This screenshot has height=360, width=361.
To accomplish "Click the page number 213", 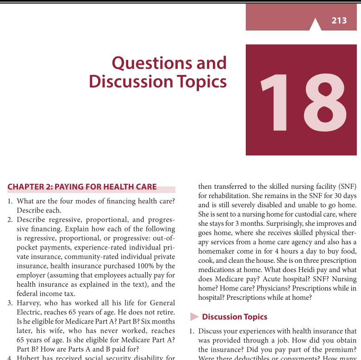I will click(339, 20).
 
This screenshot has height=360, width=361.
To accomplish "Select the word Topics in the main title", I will click(201, 81).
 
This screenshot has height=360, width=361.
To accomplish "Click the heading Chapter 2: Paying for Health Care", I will click(82, 187).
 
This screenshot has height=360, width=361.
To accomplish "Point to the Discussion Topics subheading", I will click(235, 317).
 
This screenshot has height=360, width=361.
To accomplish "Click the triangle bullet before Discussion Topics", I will click(194, 317).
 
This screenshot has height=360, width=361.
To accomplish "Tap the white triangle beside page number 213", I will click(315, 25).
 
